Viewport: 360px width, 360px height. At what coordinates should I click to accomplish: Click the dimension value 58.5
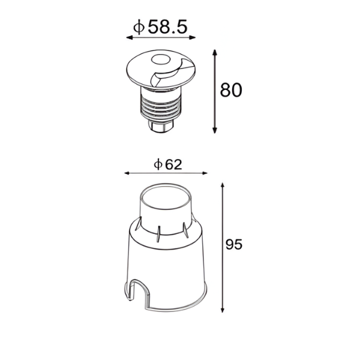pyautogui.click(x=167, y=27)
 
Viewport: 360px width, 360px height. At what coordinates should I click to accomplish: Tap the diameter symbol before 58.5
pyautogui.click(x=139, y=27)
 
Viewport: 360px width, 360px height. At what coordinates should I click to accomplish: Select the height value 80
pyautogui.click(x=231, y=90)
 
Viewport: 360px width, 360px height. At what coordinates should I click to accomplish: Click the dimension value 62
pyautogui.click(x=173, y=164)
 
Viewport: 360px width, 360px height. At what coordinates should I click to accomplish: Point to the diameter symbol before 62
pyautogui.click(x=158, y=164)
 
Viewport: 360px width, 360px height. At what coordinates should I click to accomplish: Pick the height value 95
pyautogui.click(x=234, y=244)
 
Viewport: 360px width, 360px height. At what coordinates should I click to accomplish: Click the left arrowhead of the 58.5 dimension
pyautogui.click(x=130, y=38)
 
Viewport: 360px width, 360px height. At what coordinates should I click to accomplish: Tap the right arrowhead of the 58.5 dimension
pyautogui.click(x=192, y=38)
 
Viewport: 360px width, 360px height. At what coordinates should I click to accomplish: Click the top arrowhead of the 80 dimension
pyautogui.click(x=215, y=53)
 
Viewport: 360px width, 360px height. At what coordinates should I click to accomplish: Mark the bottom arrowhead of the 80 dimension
pyautogui.click(x=215, y=130)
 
